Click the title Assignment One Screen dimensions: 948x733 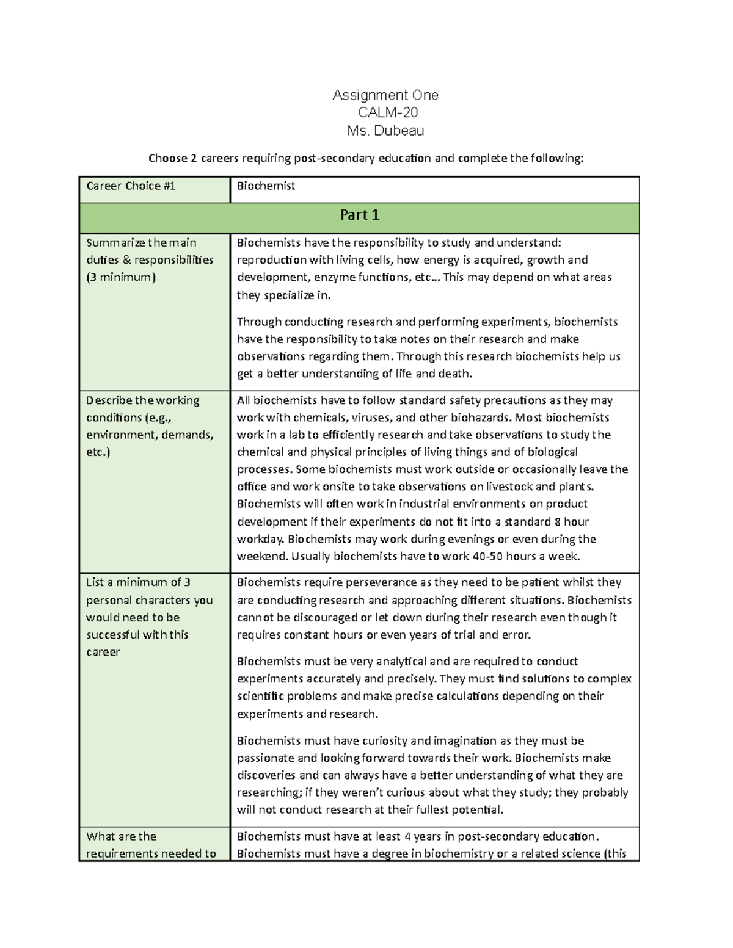click(x=385, y=95)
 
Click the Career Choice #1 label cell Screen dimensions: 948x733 click(x=131, y=186)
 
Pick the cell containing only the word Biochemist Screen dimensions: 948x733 click(x=266, y=186)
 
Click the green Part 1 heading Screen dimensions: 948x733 click(x=360, y=215)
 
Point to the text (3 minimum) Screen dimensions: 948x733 click(x=121, y=277)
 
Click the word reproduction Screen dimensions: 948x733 click(x=272, y=260)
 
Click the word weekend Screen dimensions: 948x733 click(x=262, y=556)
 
